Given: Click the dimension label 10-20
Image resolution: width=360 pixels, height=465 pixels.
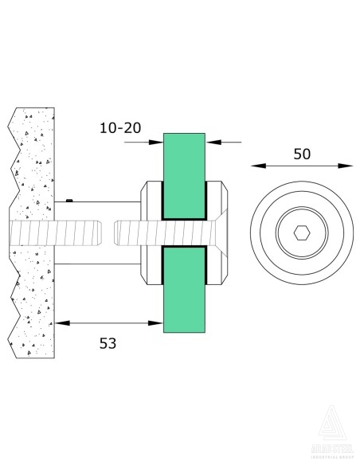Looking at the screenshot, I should tap(122, 127).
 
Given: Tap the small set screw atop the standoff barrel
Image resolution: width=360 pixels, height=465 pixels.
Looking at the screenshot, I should tap(71, 198).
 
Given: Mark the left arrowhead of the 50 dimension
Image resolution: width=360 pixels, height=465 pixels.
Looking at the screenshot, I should tap(256, 166).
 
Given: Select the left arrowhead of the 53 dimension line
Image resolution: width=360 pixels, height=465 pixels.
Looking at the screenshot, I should tap(61, 322).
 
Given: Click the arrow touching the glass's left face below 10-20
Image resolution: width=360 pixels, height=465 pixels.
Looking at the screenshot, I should tap(157, 142).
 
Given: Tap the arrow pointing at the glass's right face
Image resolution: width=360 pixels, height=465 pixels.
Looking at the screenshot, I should tap(211, 142).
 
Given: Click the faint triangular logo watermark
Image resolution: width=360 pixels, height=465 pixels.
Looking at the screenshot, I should tap(331, 430).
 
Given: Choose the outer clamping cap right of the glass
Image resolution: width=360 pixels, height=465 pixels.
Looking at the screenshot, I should tap(221, 233).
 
